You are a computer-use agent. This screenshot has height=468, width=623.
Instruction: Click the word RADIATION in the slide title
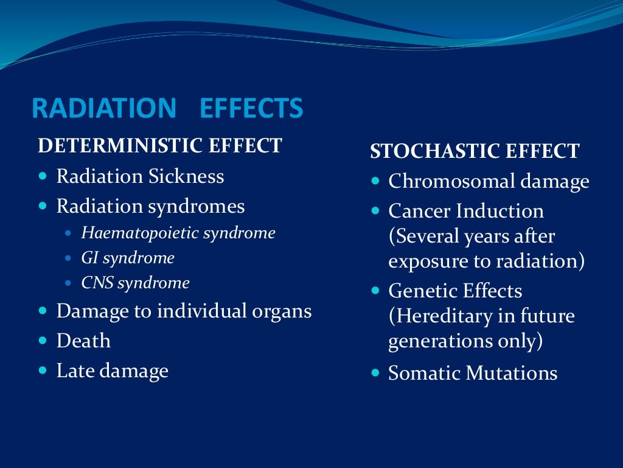click(x=103, y=108)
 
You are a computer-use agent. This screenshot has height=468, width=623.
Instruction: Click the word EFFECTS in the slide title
click(x=251, y=108)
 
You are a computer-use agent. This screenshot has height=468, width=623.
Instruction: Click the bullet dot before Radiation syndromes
click(x=42, y=207)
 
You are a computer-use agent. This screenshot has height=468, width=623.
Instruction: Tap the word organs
click(x=284, y=311)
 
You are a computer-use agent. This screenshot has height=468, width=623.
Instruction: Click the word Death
click(x=83, y=341)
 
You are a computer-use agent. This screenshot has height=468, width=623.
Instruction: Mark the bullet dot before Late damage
click(x=42, y=370)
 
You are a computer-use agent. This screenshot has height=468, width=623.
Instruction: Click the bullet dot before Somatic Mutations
click(x=375, y=373)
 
